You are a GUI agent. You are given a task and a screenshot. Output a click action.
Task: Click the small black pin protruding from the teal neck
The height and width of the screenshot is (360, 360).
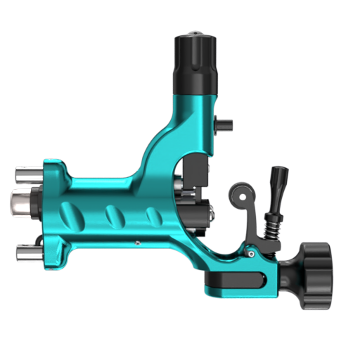pyautogui.click(x=224, y=125)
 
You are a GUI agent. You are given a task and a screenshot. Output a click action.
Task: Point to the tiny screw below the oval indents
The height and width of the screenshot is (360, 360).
pyautogui.click(x=137, y=243)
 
